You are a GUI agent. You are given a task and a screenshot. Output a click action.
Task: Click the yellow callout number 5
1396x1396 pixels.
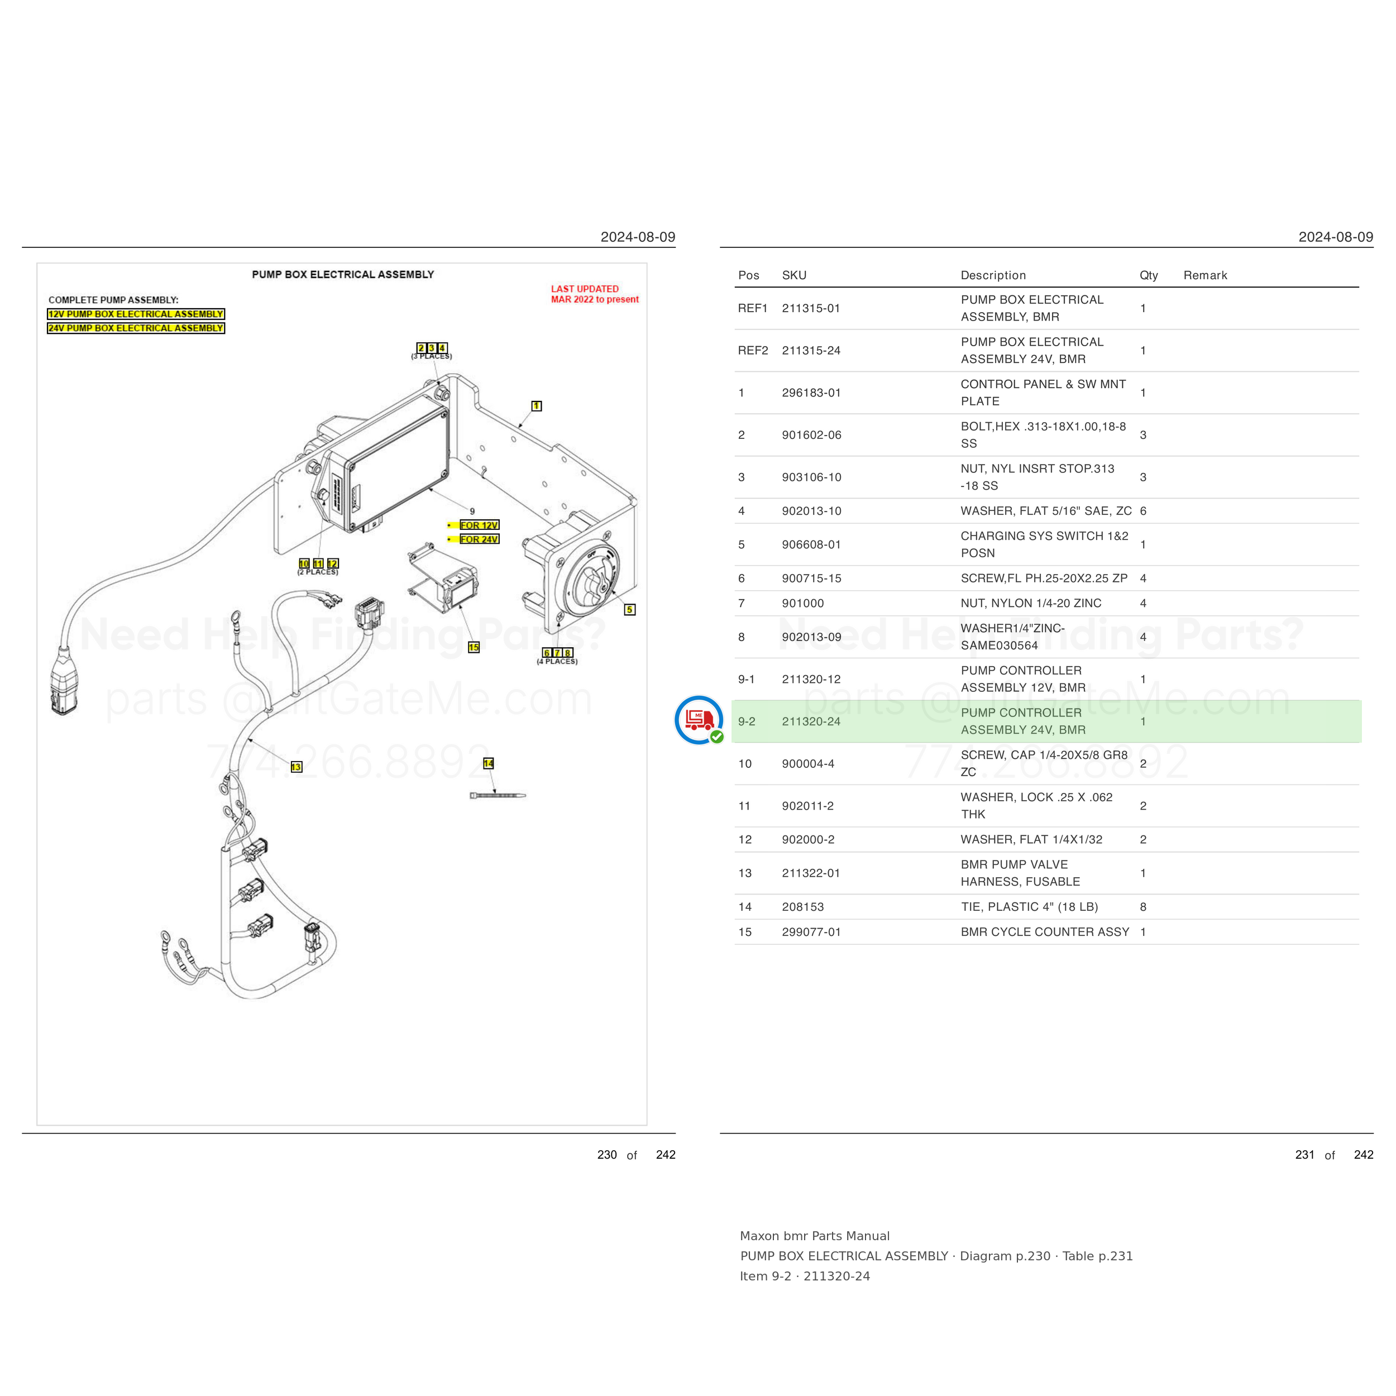[x=629, y=610]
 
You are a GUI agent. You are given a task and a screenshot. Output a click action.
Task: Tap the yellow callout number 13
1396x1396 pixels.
[x=297, y=767]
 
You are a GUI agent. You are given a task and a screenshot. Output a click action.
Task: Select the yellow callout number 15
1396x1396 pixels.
[x=474, y=647]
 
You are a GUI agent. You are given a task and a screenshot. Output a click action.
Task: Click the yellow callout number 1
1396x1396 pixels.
[x=536, y=406]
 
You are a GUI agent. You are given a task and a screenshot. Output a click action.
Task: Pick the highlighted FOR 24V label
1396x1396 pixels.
[x=479, y=539]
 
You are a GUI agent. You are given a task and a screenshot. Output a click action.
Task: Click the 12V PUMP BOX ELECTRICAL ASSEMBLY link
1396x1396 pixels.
[x=136, y=314]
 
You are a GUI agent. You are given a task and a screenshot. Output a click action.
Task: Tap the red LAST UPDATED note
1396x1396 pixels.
[x=595, y=294]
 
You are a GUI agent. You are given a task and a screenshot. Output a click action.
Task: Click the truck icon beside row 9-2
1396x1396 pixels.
[x=699, y=720]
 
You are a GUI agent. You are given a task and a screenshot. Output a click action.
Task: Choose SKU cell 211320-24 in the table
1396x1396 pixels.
[x=811, y=721]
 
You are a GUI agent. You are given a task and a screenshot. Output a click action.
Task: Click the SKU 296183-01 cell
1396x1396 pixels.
[x=811, y=393]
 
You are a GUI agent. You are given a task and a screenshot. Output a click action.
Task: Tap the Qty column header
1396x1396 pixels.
[x=1149, y=275]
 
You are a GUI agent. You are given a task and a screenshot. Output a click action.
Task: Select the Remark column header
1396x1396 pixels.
[x=1205, y=275]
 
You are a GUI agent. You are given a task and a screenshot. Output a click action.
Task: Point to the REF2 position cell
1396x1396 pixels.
[x=753, y=351]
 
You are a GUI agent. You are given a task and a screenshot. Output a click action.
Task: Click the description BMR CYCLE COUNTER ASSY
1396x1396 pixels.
[x=1045, y=932]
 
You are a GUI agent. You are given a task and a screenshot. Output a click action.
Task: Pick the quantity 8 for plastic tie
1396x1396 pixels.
[x=1143, y=907]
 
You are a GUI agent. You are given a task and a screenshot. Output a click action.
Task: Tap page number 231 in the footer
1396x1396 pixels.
[x=1305, y=1155]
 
